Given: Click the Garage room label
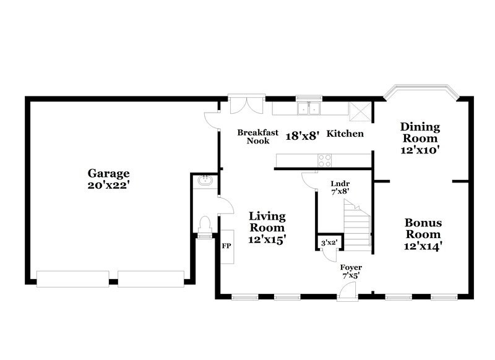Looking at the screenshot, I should (x=108, y=173).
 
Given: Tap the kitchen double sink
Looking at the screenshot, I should (x=308, y=109).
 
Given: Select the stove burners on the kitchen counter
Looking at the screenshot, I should (x=325, y=160).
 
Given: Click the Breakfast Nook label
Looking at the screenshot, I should (x=258, y=137).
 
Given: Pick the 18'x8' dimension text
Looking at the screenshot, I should (x=301, y=135).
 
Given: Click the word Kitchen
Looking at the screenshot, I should (x=345, y=134).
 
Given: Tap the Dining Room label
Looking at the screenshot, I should (x=420, y=132).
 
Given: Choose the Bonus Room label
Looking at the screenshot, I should (x=423, y=228).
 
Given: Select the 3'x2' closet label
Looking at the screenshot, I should (x=328, y=242).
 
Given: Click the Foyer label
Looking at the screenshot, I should (x=351, y=267).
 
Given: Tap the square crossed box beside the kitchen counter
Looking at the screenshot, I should (x=359, y=111).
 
